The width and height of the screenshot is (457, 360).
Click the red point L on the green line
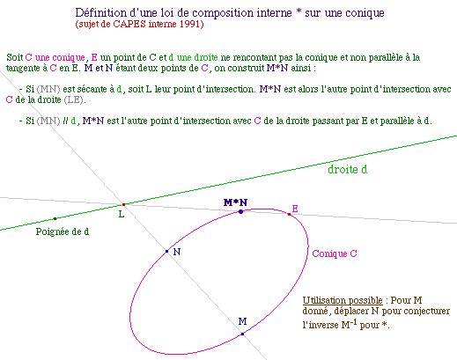click(x=123, y=204)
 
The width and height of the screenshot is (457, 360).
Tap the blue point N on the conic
click(x=167, y=251)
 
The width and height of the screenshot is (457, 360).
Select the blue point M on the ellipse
click(x=242, y=334)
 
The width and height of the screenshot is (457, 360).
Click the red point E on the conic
click(x=289, y=215)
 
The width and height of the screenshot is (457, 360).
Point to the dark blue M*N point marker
click(x=240, y=211)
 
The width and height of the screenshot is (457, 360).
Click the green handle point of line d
click(x=55, y=218)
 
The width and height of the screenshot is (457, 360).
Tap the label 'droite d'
click(x=347, y=169)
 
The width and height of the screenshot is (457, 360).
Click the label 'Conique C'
click(x=335, y=253)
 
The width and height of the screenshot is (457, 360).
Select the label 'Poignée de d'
click(x=63, y=231)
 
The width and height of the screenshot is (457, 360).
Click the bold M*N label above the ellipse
click(x=235, y=202)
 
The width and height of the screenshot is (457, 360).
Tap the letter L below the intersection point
click(x=122, y=215)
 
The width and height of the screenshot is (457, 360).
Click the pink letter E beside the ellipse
click(x=295, y=209)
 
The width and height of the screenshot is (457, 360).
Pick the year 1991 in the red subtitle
click(x=190, y=24)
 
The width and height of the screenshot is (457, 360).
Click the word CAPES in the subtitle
click(x=129, y=24)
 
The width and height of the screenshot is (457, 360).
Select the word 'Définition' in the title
click(x=101, y=13)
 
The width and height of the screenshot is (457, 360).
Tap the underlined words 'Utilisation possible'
click(x=343, y=300)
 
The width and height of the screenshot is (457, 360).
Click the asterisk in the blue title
click(x=299, y=12)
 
